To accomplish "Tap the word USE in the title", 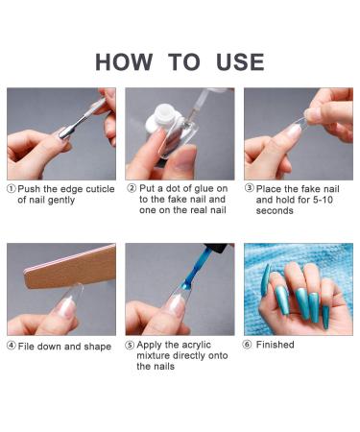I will (x=232, y=62).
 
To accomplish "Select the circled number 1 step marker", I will (x=12, y=189).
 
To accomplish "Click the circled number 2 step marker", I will (x=132, y=189).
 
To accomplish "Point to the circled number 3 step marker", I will (x=250, y=189).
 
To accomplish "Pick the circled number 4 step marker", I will (x=12, y=346).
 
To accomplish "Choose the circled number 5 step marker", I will (x=132, y=344).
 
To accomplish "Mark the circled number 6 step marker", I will (x=250, y=344).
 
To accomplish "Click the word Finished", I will (x=277, y=344).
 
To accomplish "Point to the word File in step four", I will (x=29, y=346).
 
